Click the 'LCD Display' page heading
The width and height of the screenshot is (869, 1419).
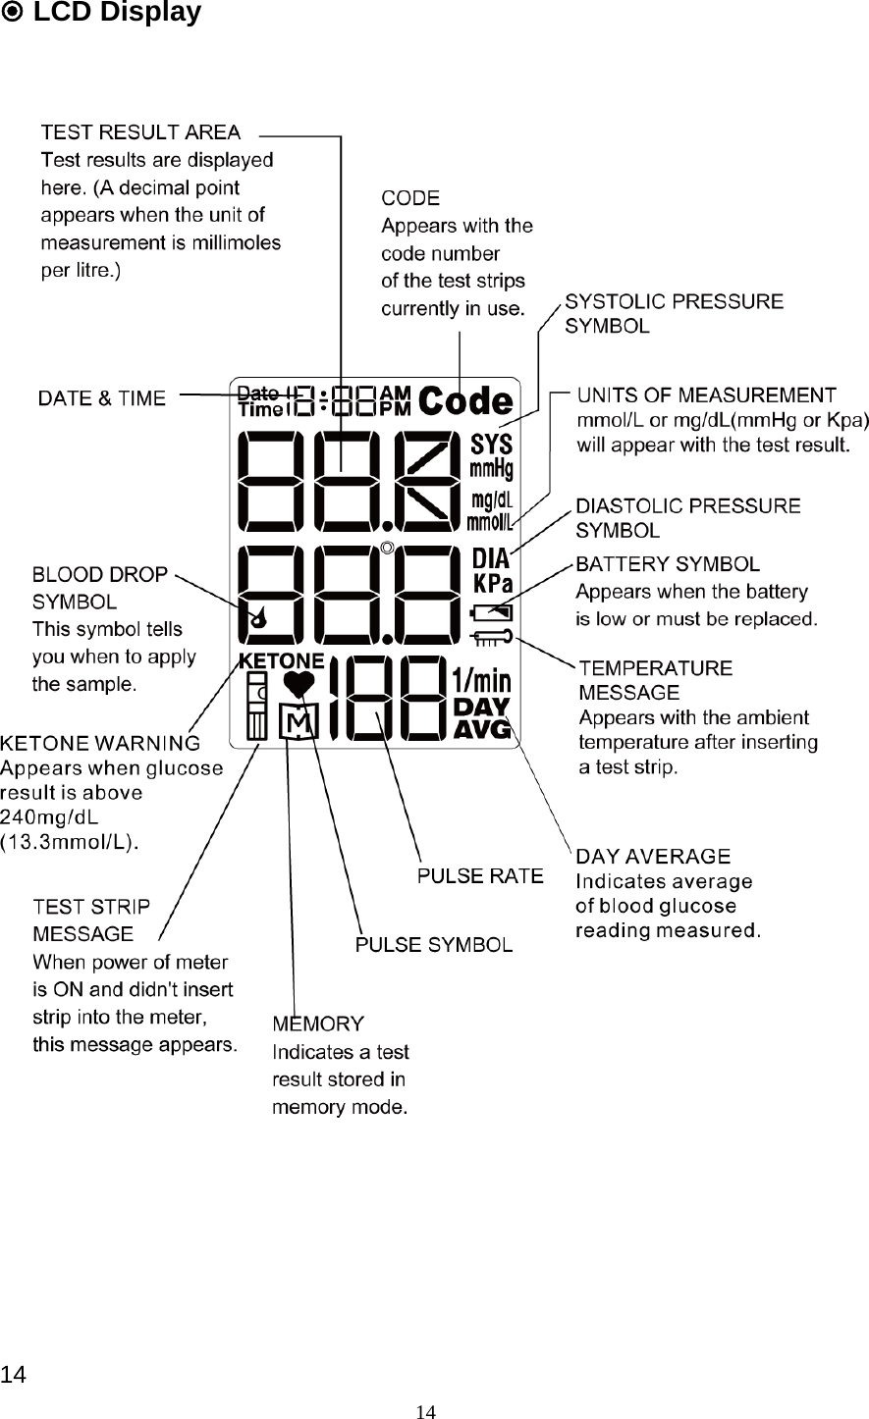click(x=117, y=13)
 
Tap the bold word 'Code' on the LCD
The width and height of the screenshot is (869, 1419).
click(x=465, y=400)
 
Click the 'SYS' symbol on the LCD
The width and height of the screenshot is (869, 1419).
click(x=492, y=443)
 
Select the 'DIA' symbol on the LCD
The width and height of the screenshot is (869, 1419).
click(x=491, y=559)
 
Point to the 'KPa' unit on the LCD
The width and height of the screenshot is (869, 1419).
click(x=492, y=584)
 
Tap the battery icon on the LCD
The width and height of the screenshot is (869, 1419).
click(x=492, y=613)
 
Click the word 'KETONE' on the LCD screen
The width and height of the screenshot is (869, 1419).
click(x=282, y=659)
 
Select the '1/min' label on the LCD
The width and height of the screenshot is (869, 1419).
click(x=481, y=681)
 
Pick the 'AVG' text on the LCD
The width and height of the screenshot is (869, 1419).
click(x=481, y=729)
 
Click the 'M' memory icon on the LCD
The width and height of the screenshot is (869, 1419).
click(x=298, y=724)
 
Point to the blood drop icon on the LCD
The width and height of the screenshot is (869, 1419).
click(x=258, y=617)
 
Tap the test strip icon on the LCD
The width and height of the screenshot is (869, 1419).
click(x=256, y=707)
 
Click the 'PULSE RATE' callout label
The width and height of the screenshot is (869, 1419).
click(x=480, y=875)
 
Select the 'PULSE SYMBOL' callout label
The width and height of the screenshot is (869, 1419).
click(x=433, y=945)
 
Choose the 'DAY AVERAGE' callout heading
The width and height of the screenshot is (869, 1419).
click(x=653, y=858)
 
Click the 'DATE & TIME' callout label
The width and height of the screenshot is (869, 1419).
click(x=102, y=398)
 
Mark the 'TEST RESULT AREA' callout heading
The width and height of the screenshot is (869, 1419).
click(x=140, y=131)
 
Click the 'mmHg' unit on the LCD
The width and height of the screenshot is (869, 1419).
click(x=491, y=465)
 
